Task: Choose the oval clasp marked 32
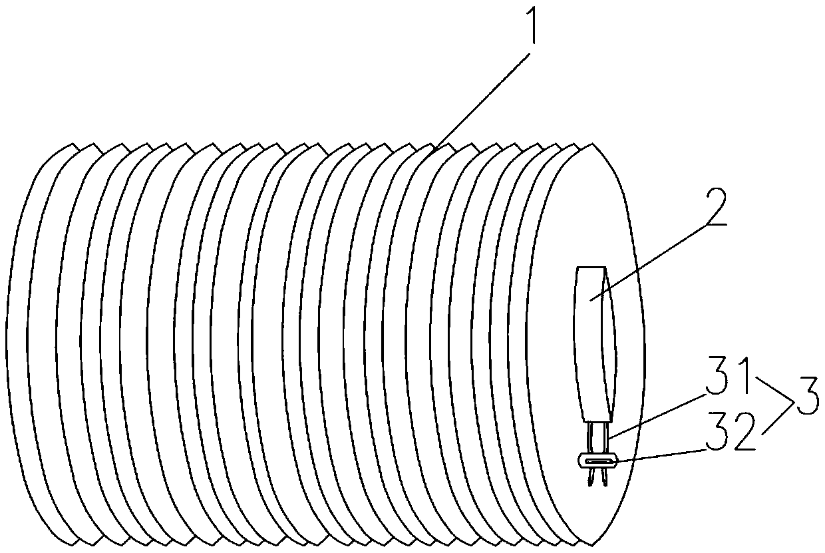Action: [x=597, y=460]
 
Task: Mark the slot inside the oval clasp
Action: [x=598, y=460]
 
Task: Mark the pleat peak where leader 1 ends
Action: [x=433, y=152]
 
